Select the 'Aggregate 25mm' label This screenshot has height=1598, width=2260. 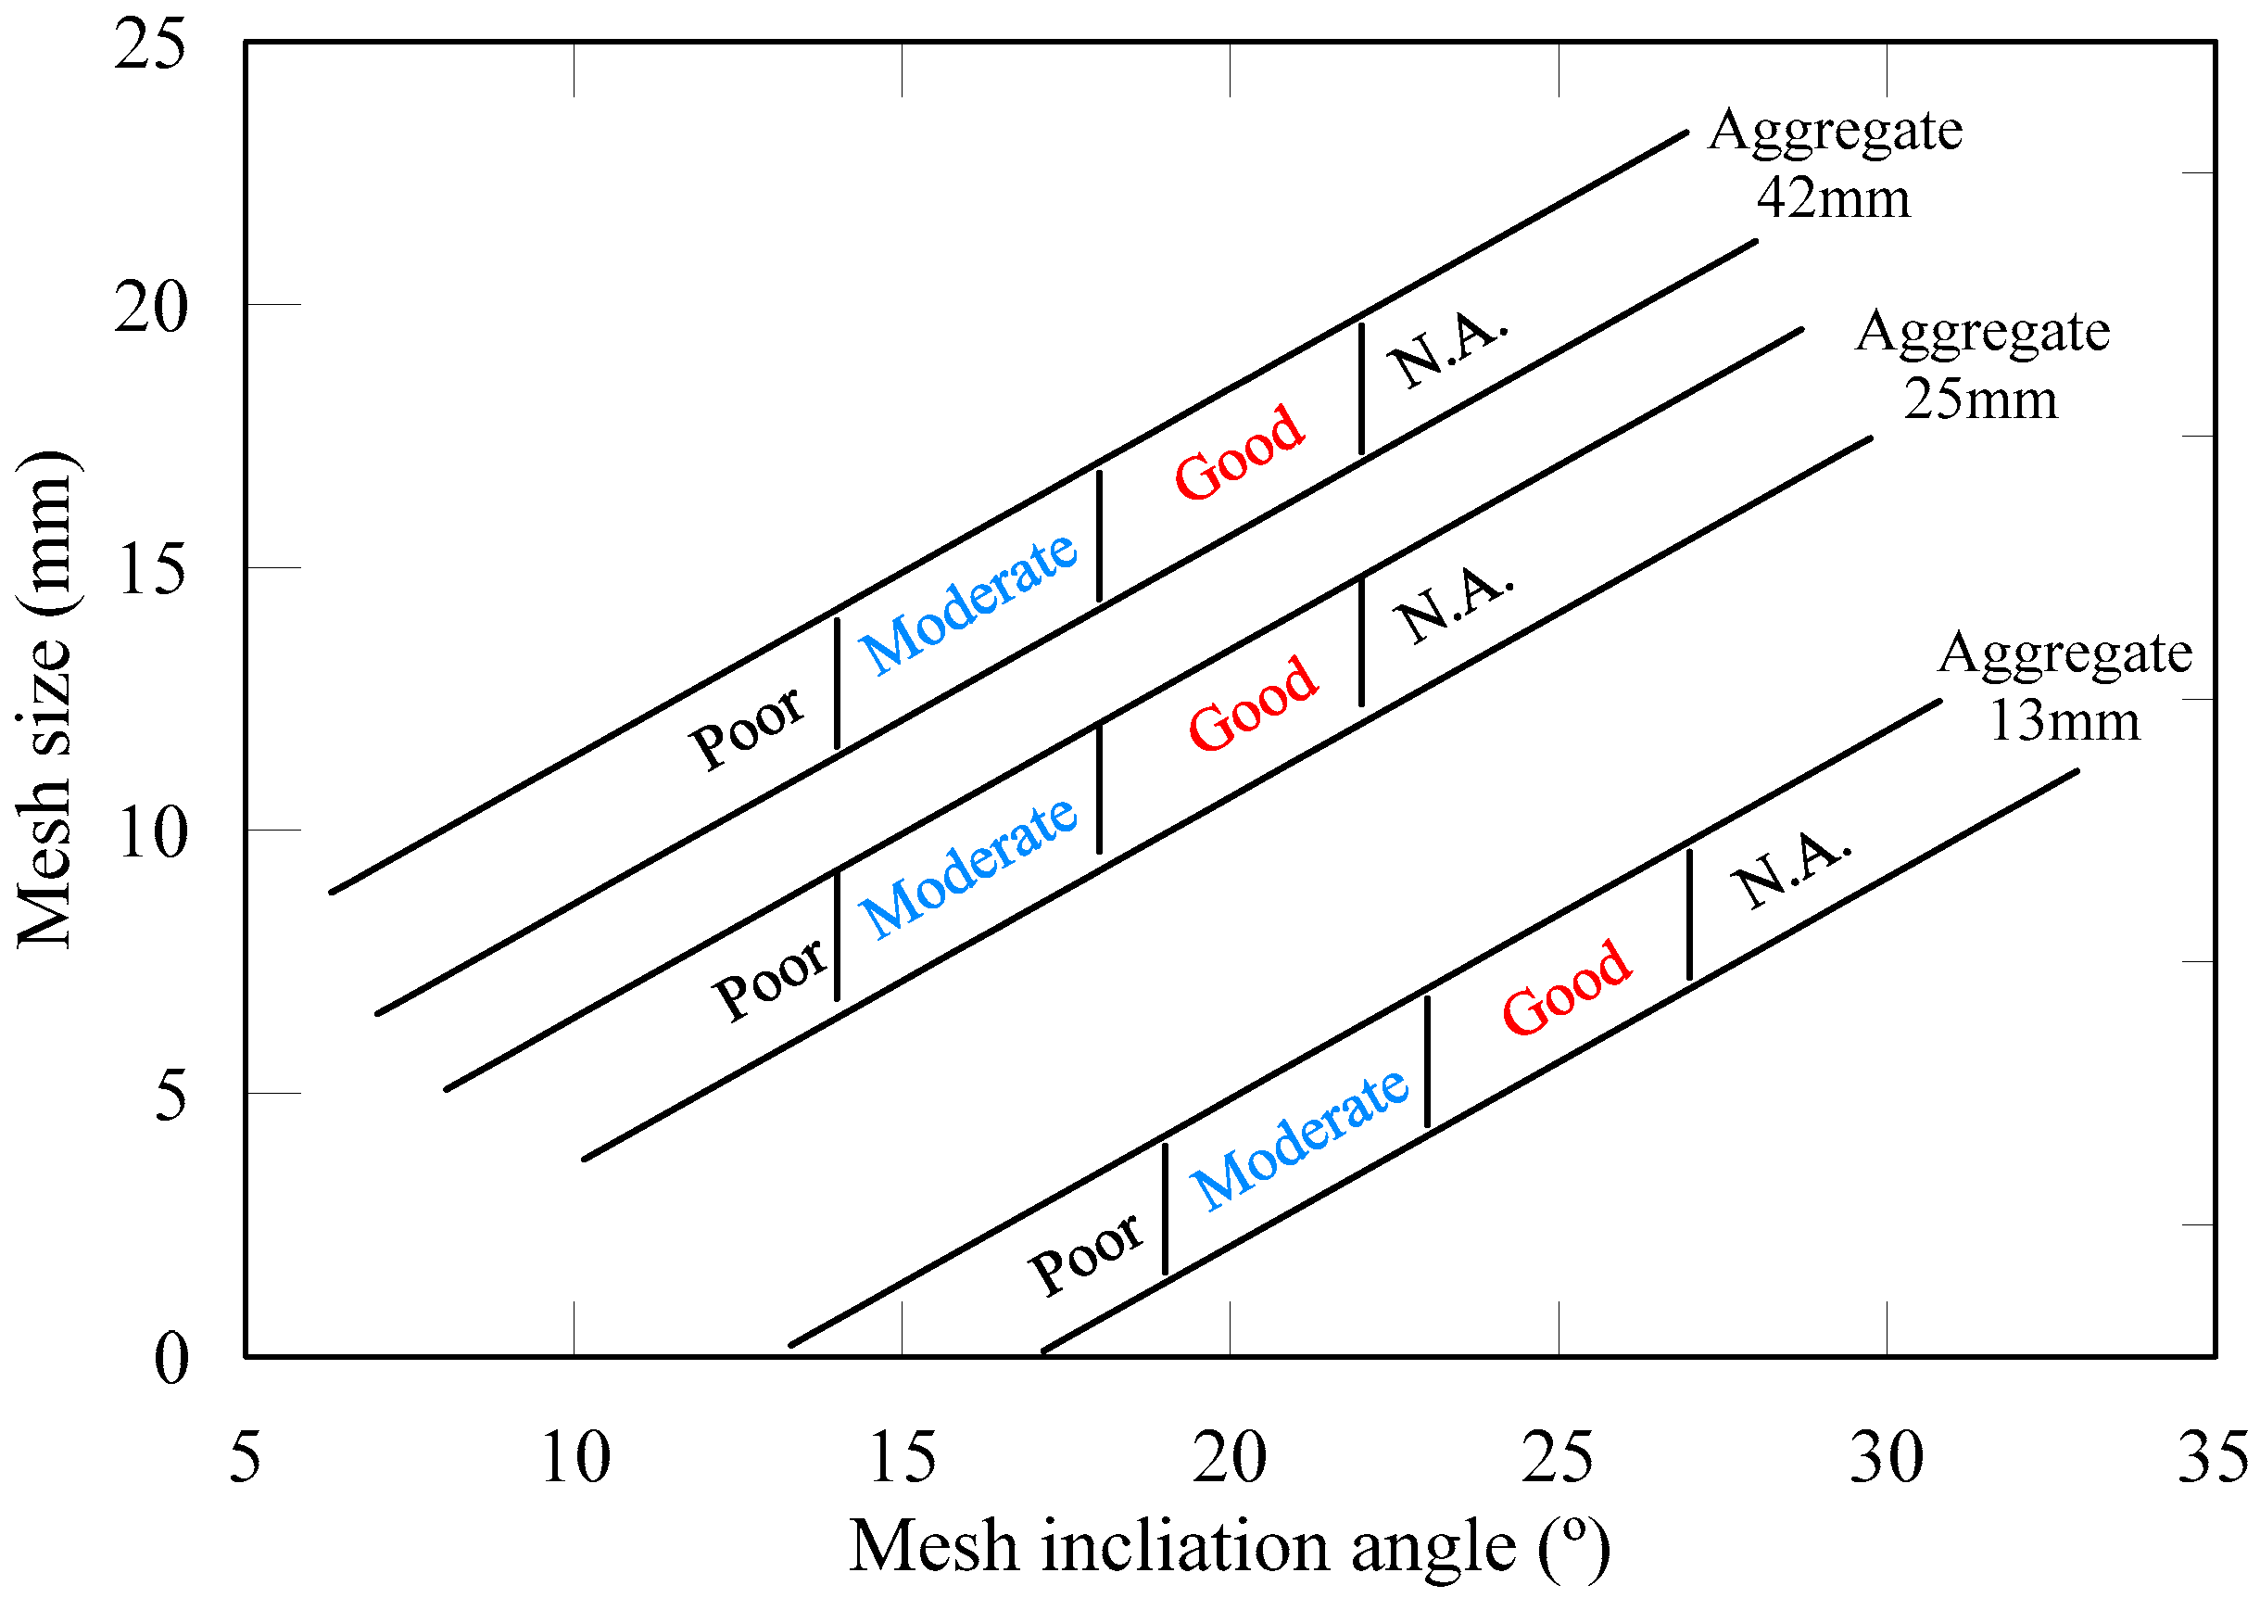(1981, 365)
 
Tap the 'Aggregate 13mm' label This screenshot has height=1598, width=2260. (2064, 686)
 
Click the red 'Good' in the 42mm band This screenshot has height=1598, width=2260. (1239, 452)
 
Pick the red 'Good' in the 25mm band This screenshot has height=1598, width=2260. (1252, 704)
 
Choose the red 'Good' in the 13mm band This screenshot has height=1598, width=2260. (1566, 987)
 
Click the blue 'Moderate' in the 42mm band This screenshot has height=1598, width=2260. (968, 603)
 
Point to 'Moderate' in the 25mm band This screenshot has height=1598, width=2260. (968, 868)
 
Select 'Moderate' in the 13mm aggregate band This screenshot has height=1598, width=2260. (1299, 1139)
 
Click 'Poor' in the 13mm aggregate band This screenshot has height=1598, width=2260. (1086, 1254)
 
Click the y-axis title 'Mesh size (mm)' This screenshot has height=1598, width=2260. (44, 700)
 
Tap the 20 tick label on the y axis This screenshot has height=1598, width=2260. (149, 307)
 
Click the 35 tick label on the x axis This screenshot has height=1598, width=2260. (2213, 1458)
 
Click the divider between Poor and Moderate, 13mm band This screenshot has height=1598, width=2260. (1165, 1209)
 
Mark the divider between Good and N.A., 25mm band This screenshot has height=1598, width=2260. (1361, 642)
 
